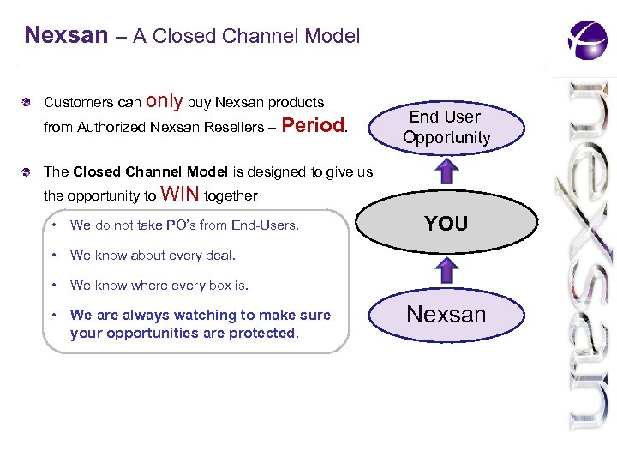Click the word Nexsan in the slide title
[x=66, y=36]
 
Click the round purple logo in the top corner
[x=587, y=39]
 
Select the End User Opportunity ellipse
[x=446, y=127]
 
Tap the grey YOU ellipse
[x=446, y=224]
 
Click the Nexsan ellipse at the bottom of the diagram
[x=446, y=315]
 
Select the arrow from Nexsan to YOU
[x=446, y=271]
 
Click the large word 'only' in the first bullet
[x=165, y=101]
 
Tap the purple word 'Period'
[x=312, y=126]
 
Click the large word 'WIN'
[x=179, y=194]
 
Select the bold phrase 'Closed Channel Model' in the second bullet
[x=150, y=171]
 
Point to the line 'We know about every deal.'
[x=153, y=255]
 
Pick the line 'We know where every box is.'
[x=159, y=285]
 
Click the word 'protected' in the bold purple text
[x=261, y=333]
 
